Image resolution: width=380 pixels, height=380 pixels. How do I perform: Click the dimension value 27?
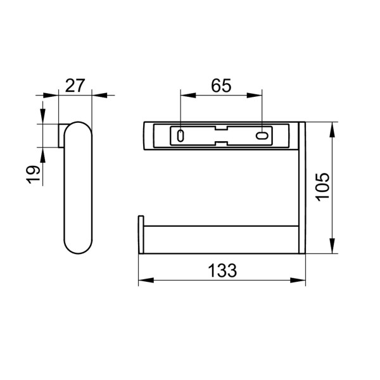(75, 85)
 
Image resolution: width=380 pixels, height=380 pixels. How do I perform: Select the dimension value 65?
(221, 85)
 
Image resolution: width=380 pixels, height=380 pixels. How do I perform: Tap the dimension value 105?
(322, 187)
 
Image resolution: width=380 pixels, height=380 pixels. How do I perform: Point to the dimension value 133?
(222, 270)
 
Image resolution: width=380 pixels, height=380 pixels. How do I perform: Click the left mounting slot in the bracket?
(181, 136)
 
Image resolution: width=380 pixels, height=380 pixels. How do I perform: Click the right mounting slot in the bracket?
(262, 136)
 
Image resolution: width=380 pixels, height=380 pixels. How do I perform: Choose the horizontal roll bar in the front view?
(222, 239)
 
